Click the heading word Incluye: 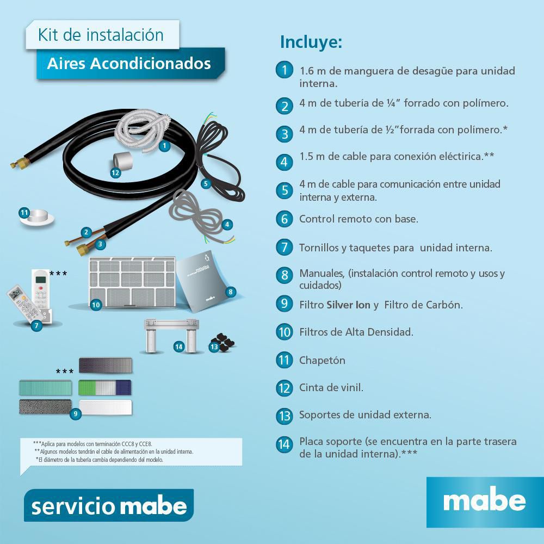[311, 42]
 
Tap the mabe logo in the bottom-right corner [484, 501]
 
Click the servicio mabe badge [109, 506]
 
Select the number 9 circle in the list [284, 304]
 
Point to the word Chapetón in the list [322, 360]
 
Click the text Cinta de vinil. [331, 387]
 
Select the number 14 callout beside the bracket [178, 346]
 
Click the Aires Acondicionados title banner [129, 64]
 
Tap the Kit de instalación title [101, 35]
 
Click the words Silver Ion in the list [348, 305]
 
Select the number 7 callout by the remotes [36, 326]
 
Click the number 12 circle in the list [284, 387]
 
